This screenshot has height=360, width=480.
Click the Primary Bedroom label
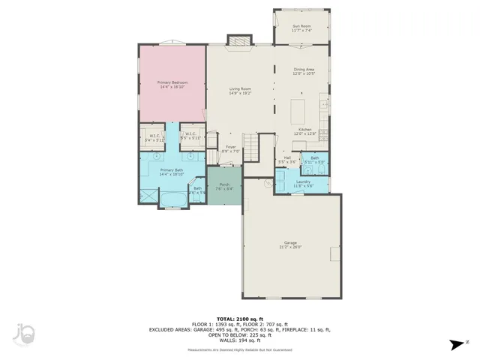172,84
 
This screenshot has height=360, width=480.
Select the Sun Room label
301,28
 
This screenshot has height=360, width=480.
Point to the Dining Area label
304,71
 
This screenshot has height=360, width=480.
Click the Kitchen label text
304,132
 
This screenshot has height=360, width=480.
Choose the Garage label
289,245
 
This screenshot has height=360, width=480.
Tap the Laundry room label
303,182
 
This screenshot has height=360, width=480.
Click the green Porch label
224,186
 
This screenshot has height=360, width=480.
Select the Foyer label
231,148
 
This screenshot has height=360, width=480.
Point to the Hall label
287,160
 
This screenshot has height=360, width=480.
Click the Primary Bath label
172,172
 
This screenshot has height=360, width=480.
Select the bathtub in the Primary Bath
173,199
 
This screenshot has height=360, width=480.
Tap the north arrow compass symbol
454,345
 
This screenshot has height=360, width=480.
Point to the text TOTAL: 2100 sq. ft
240,318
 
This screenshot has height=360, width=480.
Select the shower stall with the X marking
149,196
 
